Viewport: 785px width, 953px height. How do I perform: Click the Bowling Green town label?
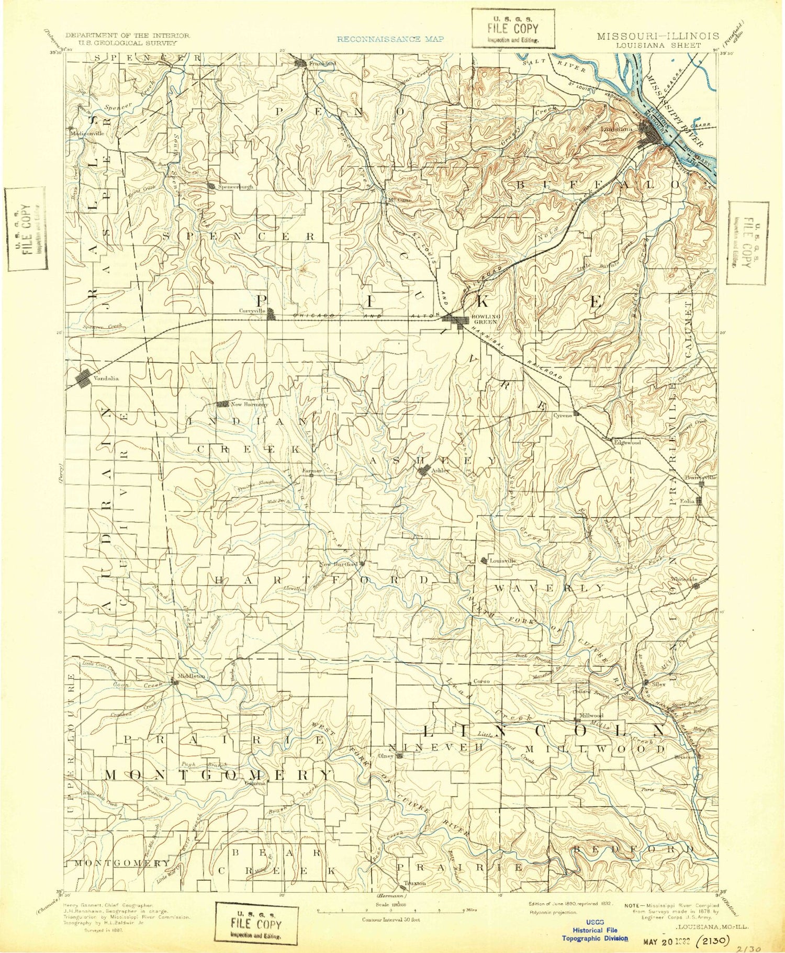[485, 319]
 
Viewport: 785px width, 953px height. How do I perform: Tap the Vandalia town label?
[106, 378]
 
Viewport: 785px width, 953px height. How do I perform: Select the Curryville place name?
[252, 310]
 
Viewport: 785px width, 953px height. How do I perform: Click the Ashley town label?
[441, 470]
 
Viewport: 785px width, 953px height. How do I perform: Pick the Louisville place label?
[502, 560]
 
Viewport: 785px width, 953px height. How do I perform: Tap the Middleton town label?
[191, 676]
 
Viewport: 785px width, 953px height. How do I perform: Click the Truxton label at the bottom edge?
[414, 883]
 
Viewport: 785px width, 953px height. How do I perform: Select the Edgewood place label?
[627, 443]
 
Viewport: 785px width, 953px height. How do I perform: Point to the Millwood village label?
[591, 715]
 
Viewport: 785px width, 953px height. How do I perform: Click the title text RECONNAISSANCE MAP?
[390, 39]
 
